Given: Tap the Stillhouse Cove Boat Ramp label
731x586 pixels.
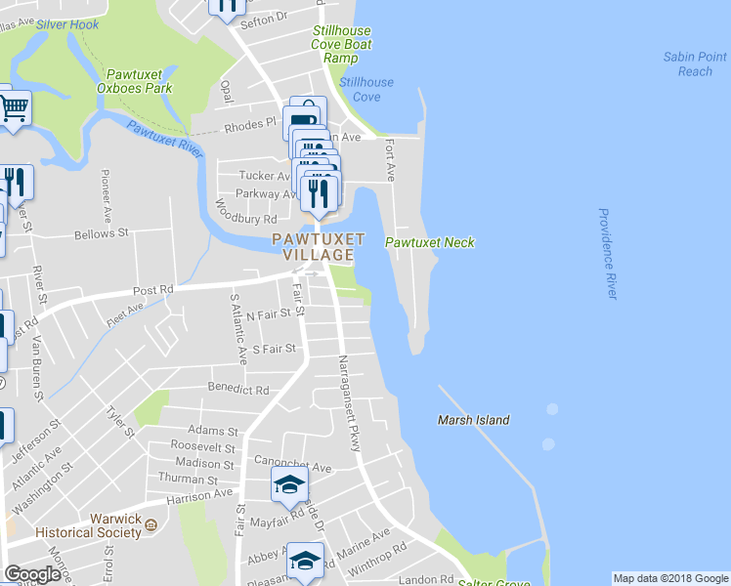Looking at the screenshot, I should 342,45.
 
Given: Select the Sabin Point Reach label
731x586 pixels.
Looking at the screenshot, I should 695,64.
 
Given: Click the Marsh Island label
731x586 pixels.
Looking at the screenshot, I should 473,420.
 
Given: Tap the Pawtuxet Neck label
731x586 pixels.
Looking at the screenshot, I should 429,242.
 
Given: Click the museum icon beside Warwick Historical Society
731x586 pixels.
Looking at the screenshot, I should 151,526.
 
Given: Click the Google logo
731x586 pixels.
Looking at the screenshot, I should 32,574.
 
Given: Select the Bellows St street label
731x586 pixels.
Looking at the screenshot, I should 102,234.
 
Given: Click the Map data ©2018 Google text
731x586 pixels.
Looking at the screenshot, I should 670,578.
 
